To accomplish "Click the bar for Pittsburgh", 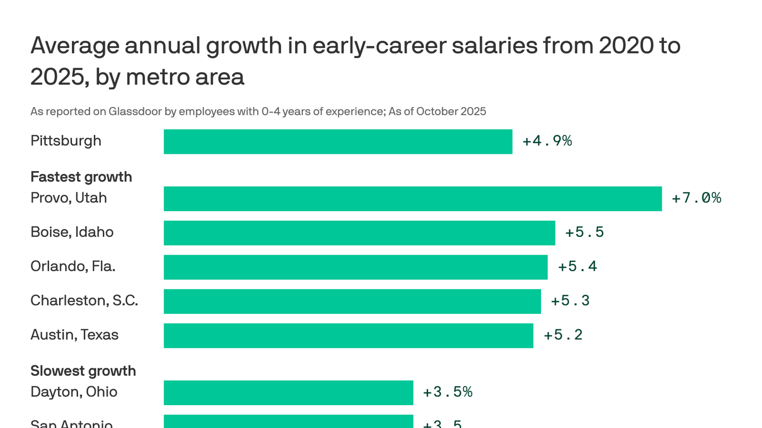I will tap(337, 142).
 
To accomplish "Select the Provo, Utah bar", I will tap(412, 199).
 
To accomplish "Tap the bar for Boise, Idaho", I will tap(359, 233).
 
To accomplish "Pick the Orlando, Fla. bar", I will tap(355, 267).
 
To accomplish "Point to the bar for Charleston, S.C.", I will tap(352, 301).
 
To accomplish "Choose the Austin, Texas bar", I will tap(348, 335).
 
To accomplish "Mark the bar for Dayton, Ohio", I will tap(288, 393).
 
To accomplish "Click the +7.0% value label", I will tap(696, 198).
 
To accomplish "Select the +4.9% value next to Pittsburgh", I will tap(547, 141).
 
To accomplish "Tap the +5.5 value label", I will tap(584, 232).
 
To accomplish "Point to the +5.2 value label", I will tap(563, 335).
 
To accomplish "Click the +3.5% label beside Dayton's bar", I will tap(447, 392).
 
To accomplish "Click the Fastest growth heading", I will tap(81, 177).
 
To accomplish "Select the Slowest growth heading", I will tap(83, 371).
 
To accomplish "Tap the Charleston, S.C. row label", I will tap(84, 301).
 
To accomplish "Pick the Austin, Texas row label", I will tap(74, 335).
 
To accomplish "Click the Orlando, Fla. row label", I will tap(73, 266).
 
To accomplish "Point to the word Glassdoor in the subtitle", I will tap(136, 111).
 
